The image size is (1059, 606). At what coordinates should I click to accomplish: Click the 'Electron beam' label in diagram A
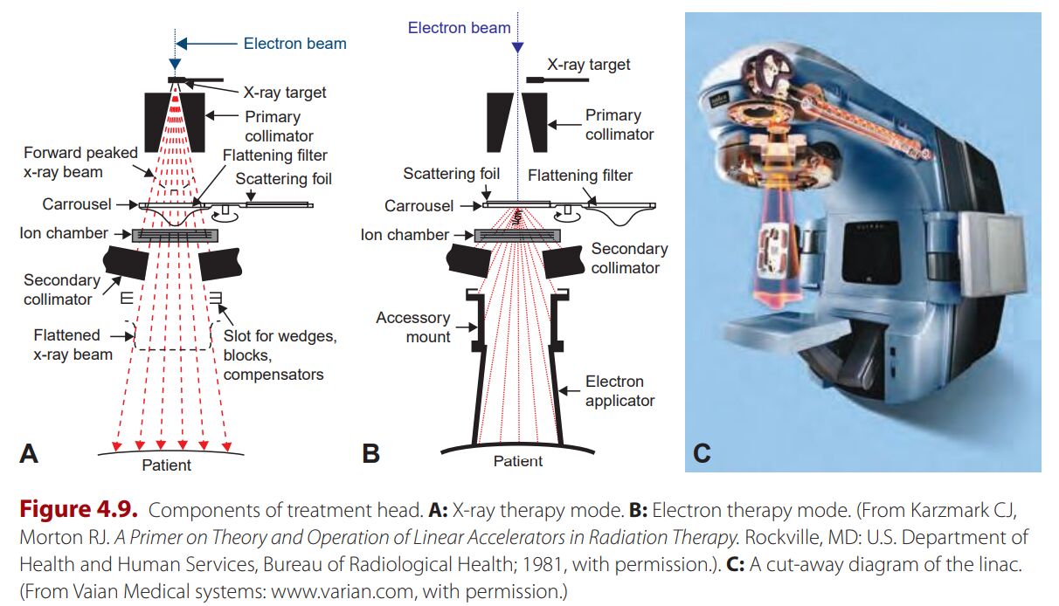pos(294,44)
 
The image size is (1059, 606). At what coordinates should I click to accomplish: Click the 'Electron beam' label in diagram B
pos(459,28)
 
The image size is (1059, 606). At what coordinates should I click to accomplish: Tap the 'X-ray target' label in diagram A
pos(285,92)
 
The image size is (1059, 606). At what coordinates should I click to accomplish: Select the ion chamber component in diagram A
pos(175,235)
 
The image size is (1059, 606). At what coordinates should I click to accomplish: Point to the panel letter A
pos(29,453)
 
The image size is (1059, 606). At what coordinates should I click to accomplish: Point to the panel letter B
pos(372,453)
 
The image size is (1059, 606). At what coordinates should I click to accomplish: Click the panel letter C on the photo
pos(702,453)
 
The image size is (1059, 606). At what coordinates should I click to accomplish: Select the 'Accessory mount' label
pos(413,327)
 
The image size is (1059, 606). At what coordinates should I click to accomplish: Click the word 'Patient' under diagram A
pos(166,465)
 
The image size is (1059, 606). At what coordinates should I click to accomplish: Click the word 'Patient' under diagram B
pos(518,461)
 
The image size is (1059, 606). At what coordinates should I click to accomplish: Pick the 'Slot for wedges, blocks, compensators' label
pos(273,355)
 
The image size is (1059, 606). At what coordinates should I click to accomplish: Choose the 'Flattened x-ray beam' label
pos(73,345)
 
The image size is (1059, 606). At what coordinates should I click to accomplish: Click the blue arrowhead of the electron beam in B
pos(518,47)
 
